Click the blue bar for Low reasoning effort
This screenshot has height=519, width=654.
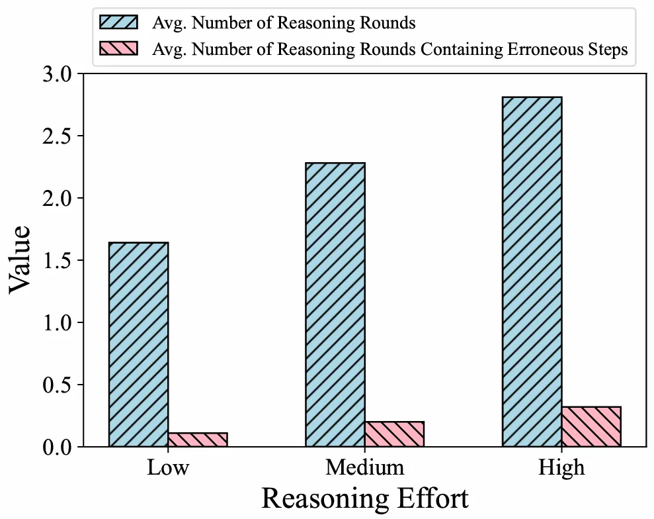point(138,344)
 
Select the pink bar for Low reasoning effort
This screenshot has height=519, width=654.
point(198,440)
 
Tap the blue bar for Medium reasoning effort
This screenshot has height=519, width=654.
point(335,305)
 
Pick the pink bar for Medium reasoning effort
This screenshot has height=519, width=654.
point(394,434)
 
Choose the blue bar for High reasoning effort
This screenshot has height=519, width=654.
point(532,271)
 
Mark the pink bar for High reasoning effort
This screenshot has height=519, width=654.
point(591,426)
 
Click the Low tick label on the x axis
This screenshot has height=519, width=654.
point(168,467)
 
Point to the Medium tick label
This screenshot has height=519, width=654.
point(364,467)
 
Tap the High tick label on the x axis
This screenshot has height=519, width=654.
point(561,467)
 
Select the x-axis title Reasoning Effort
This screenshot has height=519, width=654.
point(364,498)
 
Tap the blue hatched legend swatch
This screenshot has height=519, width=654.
point(118,23)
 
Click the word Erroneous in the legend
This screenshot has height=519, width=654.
point(520,49)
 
